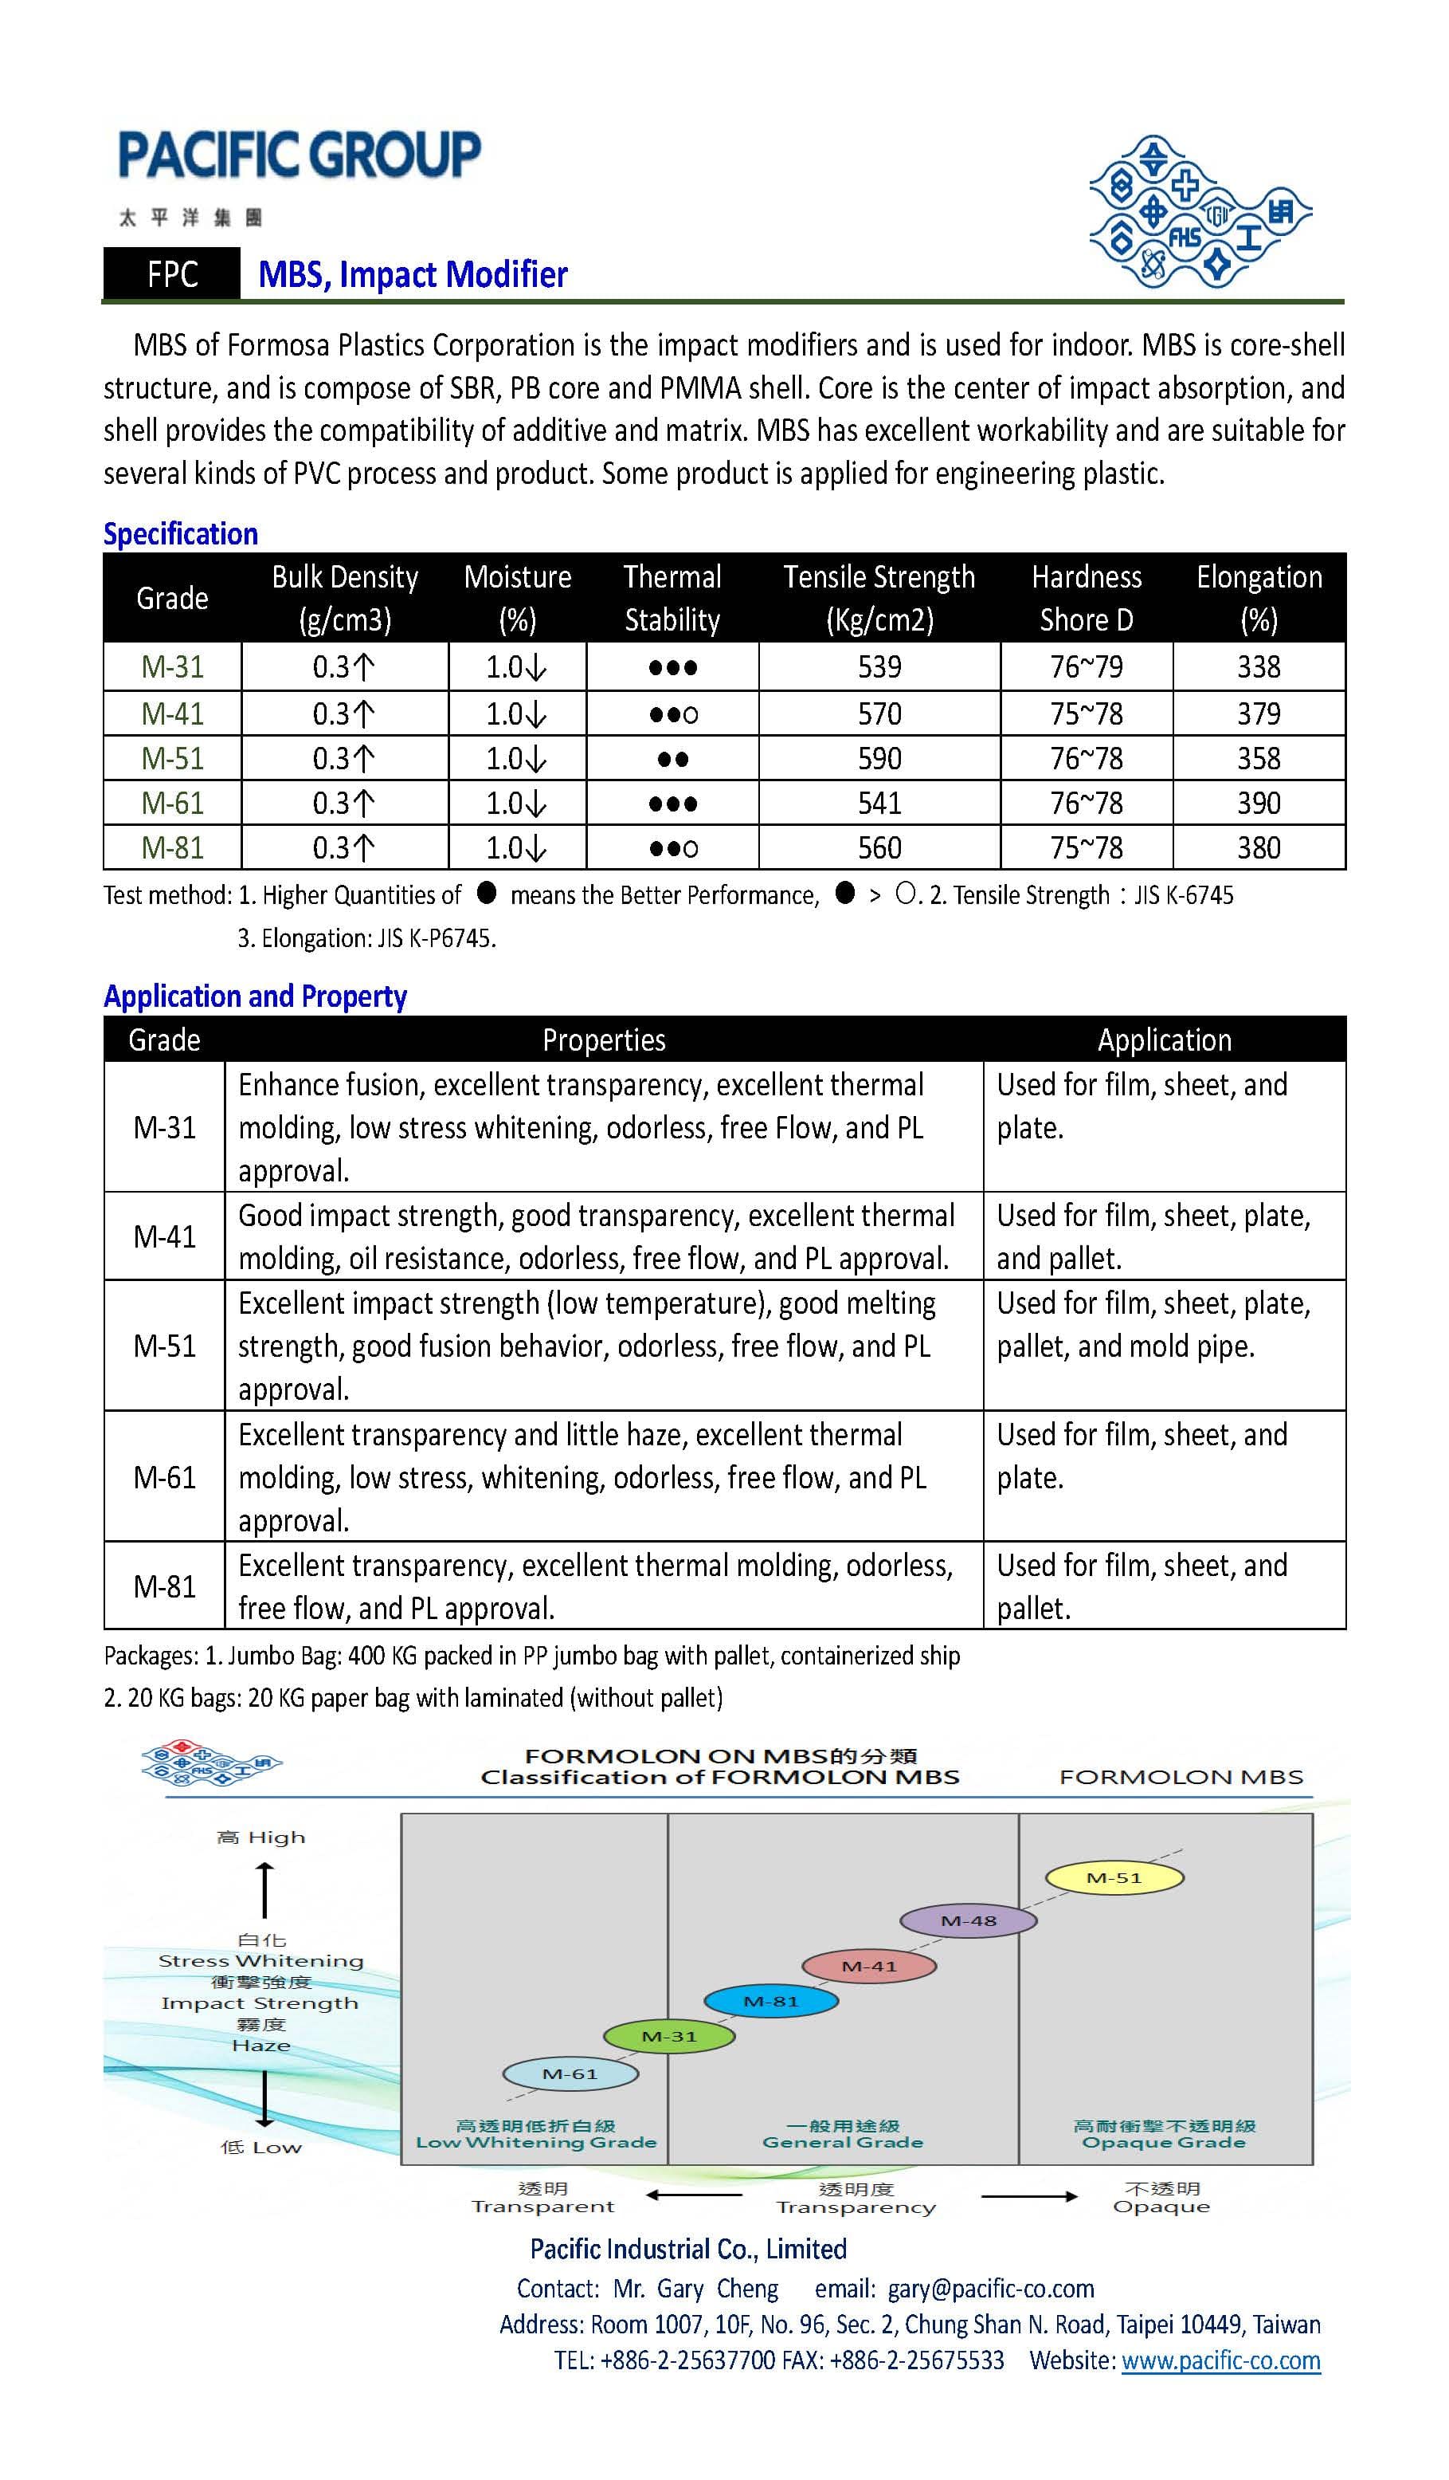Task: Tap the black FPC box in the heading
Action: pos(172,274)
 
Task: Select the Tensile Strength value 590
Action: pos(879,759)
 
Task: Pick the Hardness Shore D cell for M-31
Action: pos(1086,667)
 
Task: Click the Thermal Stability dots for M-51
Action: pos(673,759)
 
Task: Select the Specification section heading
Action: pos(181,534)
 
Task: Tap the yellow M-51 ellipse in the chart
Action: pos(1114,1877)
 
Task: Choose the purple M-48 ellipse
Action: pos(969,1920)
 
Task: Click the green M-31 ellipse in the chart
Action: pos(669,2036)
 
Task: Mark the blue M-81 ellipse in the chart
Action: pos(771,2001)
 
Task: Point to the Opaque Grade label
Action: pos(1164,2143)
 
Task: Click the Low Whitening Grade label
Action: pos(536,2143)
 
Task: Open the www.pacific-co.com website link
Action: pos(1221,2360)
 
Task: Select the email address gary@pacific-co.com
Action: pos(991,2289)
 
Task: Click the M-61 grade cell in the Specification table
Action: pos(172,803)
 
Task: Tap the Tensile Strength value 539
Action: pos(879,667)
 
